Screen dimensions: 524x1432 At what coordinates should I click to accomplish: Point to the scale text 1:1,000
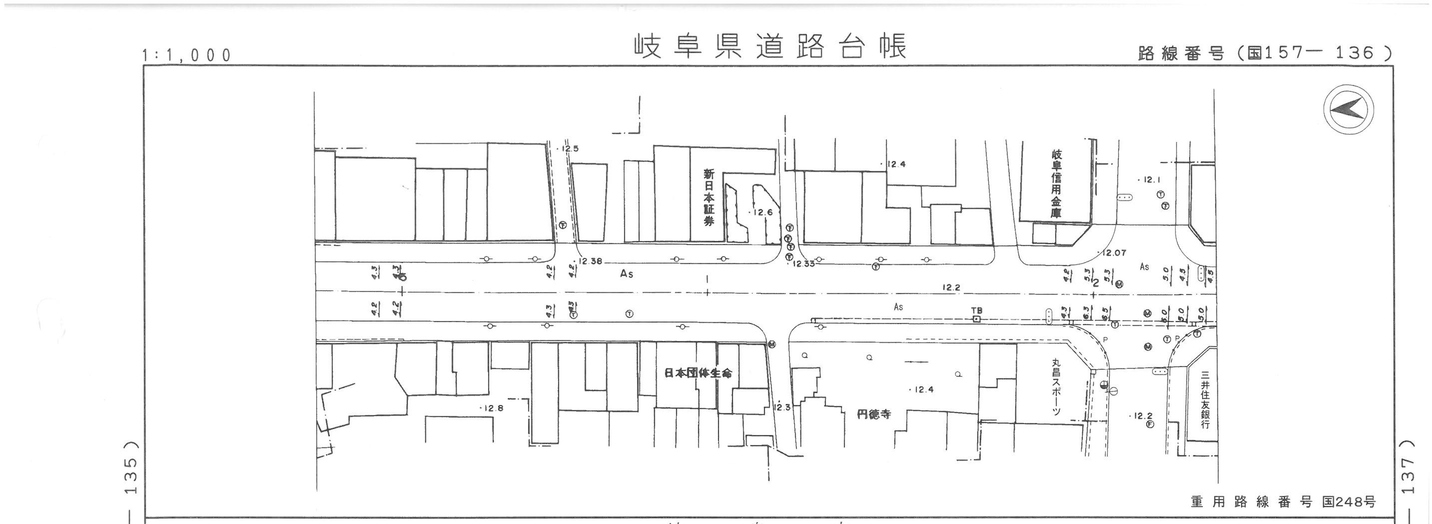[186, 55]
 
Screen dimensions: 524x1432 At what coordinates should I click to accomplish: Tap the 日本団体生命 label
[698, 373]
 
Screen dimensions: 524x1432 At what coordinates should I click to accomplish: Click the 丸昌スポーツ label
[1056, 387]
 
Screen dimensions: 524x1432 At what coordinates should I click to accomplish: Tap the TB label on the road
[976, 310]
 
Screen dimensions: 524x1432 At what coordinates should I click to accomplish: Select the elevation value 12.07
[1114, 253]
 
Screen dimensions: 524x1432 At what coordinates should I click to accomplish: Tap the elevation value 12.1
[1149, 180]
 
